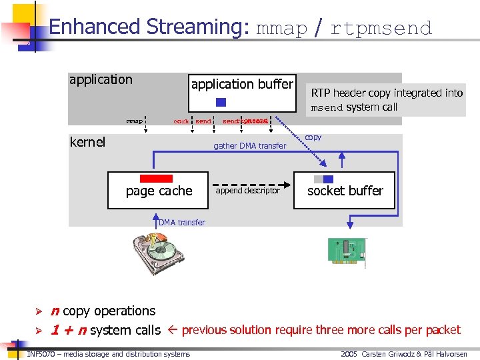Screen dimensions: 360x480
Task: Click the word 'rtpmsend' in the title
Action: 381,28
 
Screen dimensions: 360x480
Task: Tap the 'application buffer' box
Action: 242,92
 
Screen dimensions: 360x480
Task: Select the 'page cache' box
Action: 159,190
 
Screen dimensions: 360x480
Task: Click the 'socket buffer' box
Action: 345,190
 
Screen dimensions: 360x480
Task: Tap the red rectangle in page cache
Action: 156,179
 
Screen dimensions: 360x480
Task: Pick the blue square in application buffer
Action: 221,103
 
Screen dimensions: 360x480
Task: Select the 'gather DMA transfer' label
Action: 249,146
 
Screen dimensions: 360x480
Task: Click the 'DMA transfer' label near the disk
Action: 182,222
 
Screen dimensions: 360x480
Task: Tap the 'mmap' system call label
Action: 135,121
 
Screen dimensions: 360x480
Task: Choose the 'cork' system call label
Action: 181,121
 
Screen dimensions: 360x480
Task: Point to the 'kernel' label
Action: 87,142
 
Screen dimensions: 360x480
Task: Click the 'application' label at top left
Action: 101,80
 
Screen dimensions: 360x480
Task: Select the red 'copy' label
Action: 313,137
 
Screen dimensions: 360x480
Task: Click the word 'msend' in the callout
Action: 327,107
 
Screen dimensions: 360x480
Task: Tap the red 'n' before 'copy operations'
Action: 55,311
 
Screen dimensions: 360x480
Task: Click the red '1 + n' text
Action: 69,330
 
